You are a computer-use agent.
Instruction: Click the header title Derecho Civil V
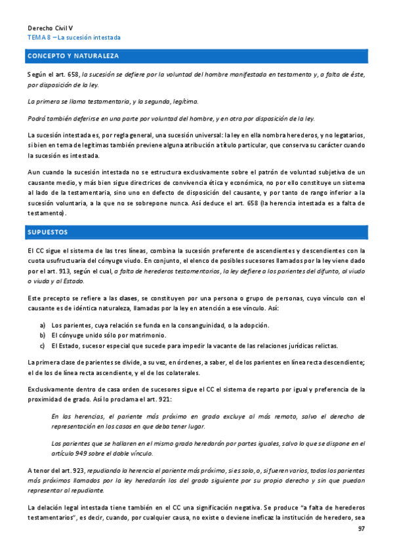tap(50, 29)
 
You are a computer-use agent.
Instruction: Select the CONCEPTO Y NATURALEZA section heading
tap(73, 55)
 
